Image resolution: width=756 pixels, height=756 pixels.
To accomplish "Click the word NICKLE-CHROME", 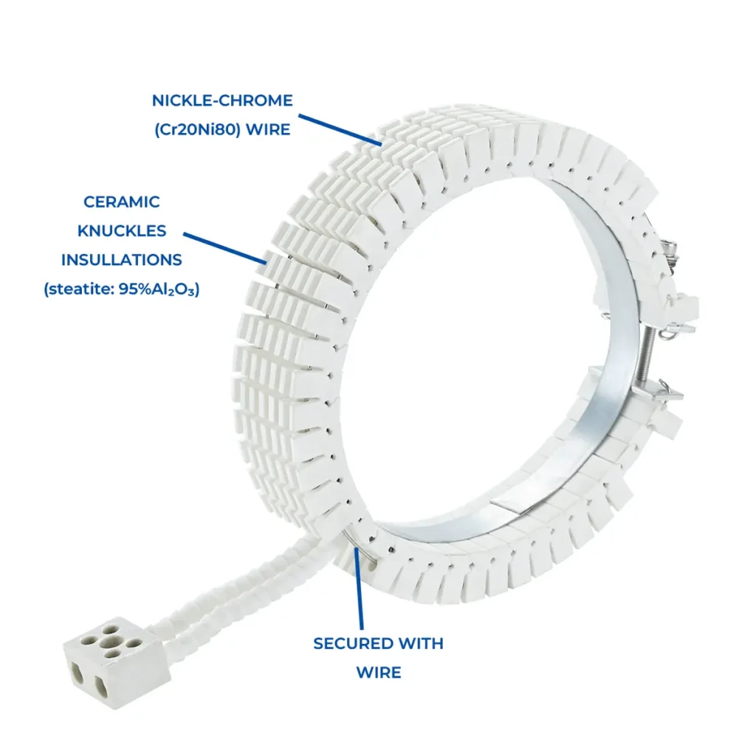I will pos(222,100).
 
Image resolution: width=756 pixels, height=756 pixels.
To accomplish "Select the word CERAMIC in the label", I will pos(122,202).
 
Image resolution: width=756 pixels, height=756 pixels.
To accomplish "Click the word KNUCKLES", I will pos(122,230).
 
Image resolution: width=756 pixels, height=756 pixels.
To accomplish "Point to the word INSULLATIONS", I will pos(122,260).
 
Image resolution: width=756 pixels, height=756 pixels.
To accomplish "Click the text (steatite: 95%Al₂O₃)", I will pos(122,289).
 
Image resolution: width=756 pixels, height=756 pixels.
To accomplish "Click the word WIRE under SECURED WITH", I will pos(378,673).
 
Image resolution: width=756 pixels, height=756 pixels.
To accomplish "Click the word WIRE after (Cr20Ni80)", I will pos(265,130).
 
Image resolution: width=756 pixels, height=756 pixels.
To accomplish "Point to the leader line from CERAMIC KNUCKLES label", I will pos(225,248).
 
